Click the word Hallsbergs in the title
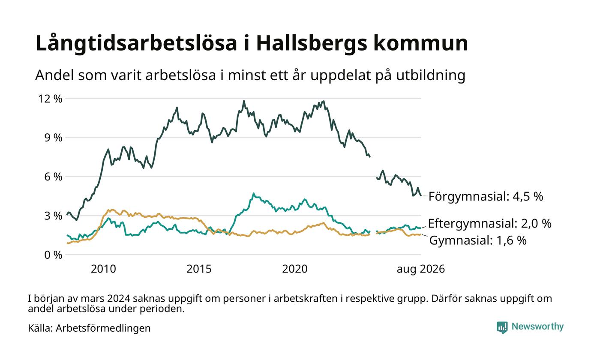tap(312, 43)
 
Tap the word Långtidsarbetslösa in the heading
tap(136, 43)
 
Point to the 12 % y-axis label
tap(50, 99)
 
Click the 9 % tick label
tap(53, 138)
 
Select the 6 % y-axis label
tap(53, 177)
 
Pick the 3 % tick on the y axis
tap(53, 216)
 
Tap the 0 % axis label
tap(53, 255)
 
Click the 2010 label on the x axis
tap(103, 269)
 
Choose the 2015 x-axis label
tap(199, 269)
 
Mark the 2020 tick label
tap(295, 269)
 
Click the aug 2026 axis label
tap(421, 269)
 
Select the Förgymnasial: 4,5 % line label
tap(486, 197)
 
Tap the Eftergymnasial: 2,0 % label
tap(489, 223)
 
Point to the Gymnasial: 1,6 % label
tap(478, 240)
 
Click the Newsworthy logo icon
tap(502, 327)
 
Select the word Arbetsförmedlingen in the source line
tap(103, 328)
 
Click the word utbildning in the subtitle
tap(431, 75)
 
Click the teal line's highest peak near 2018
tap(253, 193)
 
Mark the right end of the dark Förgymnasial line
tap(421, 195)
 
